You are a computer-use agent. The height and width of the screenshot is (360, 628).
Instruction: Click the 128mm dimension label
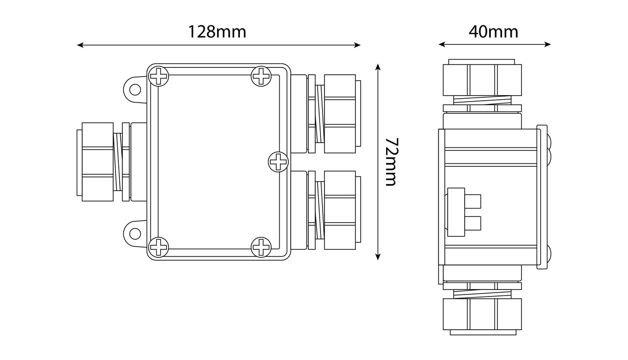217,32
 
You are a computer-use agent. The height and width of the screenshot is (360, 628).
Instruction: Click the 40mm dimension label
493,32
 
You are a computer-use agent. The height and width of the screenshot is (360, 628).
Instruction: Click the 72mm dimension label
390,162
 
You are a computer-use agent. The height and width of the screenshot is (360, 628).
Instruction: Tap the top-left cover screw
159,77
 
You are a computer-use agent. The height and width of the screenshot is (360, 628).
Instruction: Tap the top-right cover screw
261,76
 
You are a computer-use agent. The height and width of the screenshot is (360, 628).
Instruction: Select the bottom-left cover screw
158,247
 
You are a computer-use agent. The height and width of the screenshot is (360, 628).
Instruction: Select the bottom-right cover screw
261,247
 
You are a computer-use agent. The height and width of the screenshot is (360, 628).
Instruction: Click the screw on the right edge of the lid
278,161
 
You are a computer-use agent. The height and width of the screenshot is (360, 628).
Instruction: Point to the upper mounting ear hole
135,89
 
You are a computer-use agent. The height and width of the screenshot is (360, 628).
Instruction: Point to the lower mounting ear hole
135,233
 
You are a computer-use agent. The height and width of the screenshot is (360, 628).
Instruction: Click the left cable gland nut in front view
97,162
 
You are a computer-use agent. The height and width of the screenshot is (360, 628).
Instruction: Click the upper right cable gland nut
340,111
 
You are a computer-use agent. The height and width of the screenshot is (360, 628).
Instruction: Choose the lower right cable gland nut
340,210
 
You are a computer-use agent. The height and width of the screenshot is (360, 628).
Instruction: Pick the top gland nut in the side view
482,80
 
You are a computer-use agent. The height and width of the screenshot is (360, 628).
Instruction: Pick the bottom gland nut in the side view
482,314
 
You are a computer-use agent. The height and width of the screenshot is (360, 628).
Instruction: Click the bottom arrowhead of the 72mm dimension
378,257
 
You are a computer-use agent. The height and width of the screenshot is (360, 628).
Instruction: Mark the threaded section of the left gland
118,162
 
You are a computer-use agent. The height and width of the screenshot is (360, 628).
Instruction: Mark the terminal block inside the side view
463,212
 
